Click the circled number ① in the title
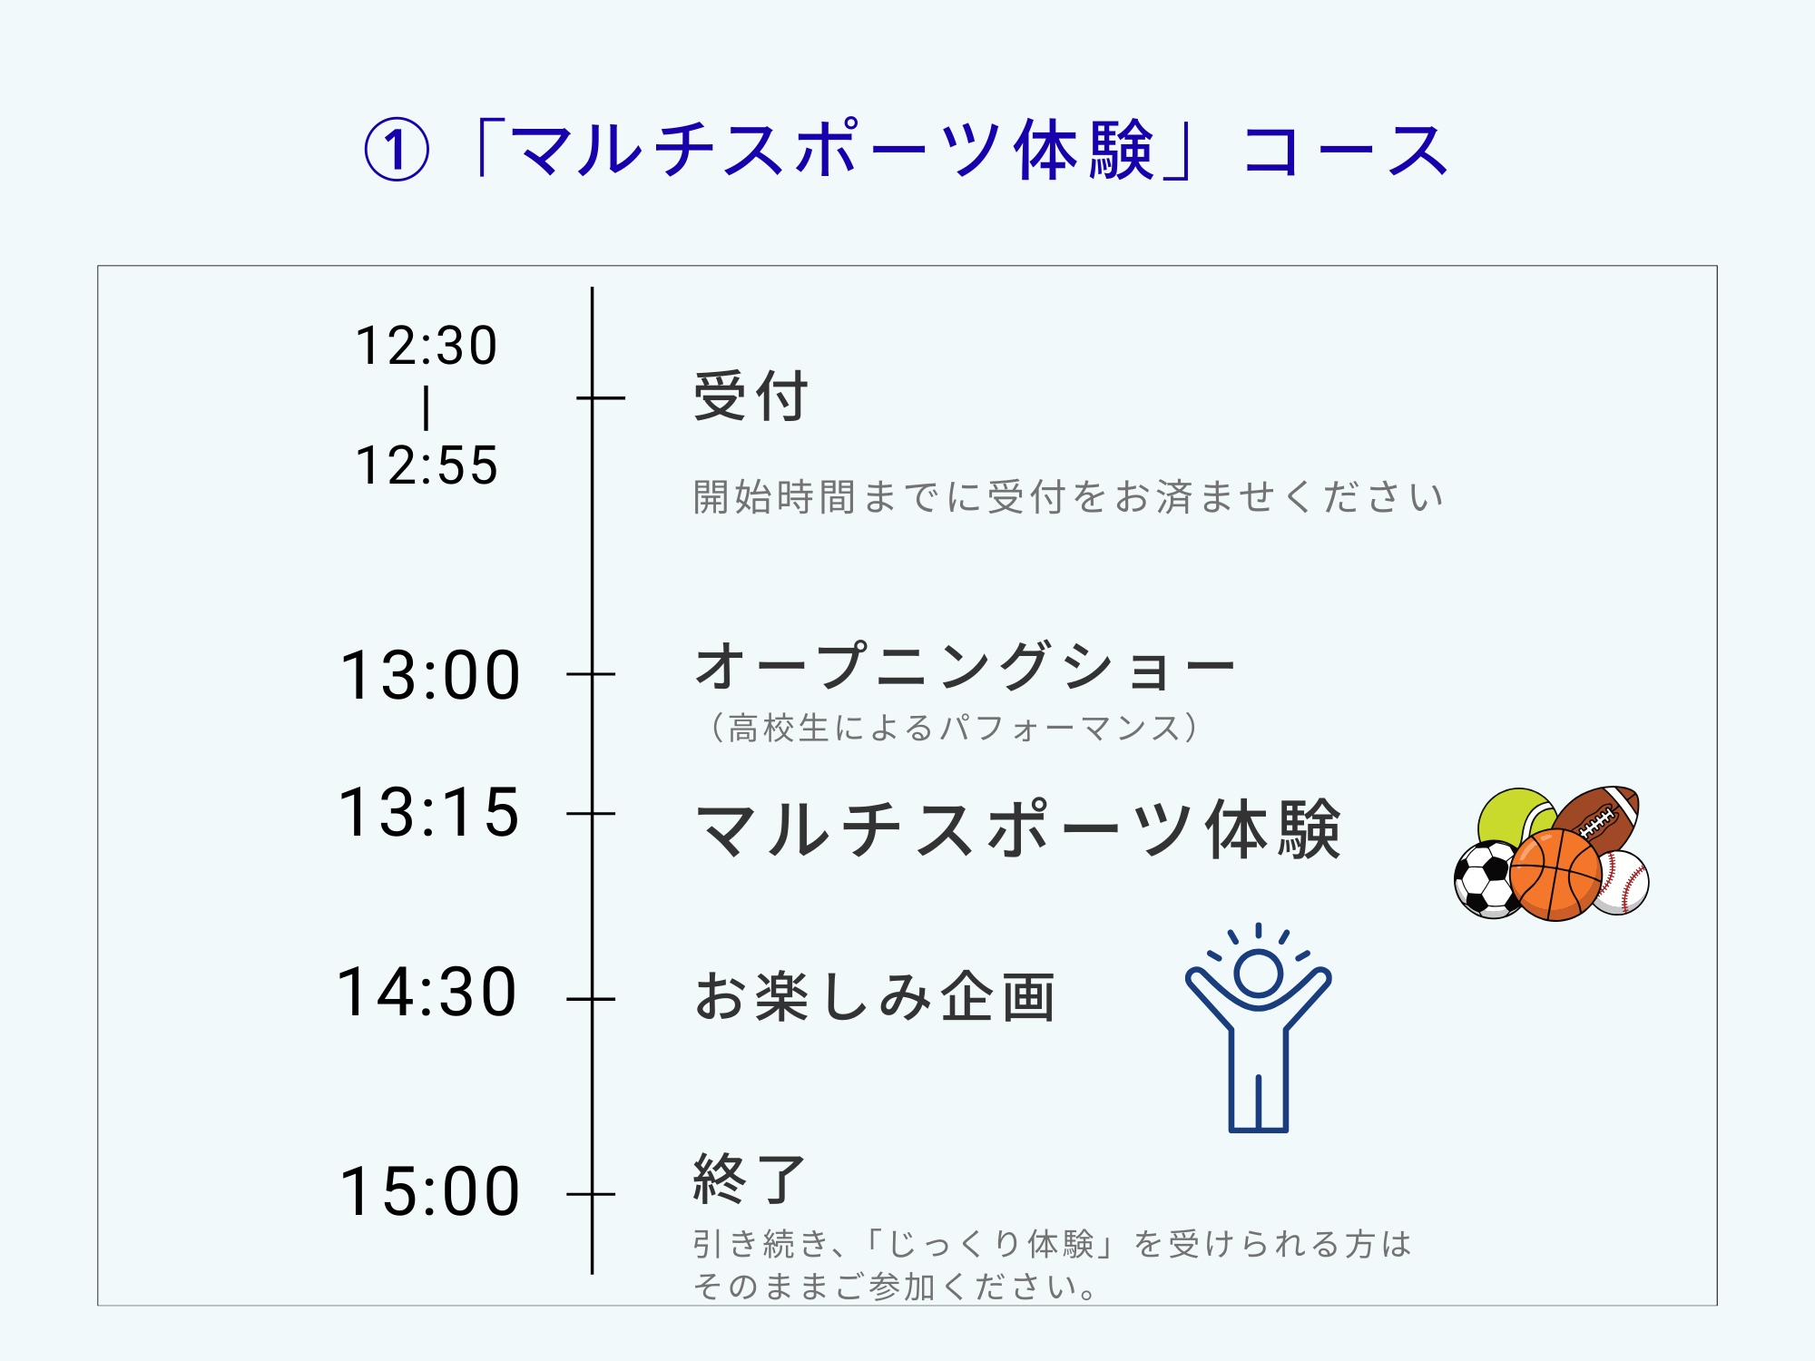[x=396, y=151]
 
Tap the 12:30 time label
[x=427, y=346]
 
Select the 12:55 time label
[x=427, y=465]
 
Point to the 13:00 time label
[x=430, y=675]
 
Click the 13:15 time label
[x=429, y=811]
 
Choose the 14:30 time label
[x=427, y=992]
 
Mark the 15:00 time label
[x=430, y=1190]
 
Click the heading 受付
[x=751, y=397]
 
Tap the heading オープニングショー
[x=965, y=666]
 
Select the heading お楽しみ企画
[x=875, y=996]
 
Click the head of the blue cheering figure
[x=1259, y=974]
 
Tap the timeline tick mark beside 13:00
[x=591, y=674]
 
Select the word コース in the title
[x=1345, y=151]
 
